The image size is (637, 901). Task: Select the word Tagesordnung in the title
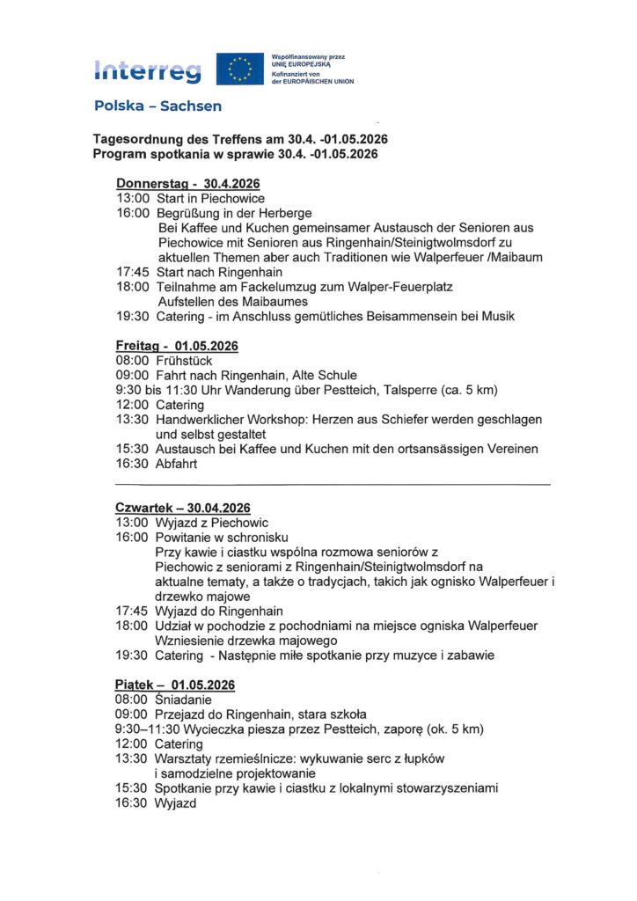pos(134,140)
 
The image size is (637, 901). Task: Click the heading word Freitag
pos(138,346)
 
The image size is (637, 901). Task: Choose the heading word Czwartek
pos(147,508)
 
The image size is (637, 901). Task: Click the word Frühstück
pos(184,361)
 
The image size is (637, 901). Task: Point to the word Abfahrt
pos(178,464)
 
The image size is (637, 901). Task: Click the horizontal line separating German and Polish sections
pos(332,485)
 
